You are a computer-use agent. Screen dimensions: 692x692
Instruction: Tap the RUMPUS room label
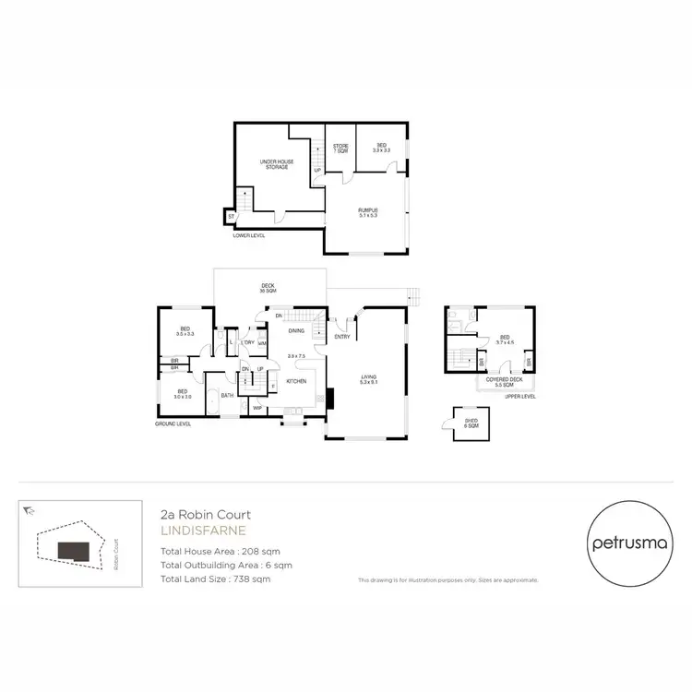point(368,213)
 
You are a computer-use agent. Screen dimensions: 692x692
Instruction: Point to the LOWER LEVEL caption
point(251,234)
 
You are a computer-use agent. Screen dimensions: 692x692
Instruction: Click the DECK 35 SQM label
point(268,289)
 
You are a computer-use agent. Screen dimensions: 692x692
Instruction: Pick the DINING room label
point(296,330)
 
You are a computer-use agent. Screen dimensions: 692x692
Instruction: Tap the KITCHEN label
point(295,380)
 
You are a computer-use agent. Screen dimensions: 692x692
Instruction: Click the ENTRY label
point(342,337)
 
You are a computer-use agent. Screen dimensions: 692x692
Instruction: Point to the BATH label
point(226,395)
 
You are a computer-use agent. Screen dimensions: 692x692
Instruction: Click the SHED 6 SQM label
point(471,424)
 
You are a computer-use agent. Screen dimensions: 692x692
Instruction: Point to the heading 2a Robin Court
point(205,515)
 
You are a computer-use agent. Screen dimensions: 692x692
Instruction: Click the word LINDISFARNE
point(197,531)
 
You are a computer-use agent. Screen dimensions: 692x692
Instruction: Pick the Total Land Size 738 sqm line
point(215,579)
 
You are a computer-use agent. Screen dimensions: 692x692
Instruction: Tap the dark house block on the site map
point(75,550)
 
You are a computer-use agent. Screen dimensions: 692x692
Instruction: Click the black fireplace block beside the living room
point(329,398)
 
